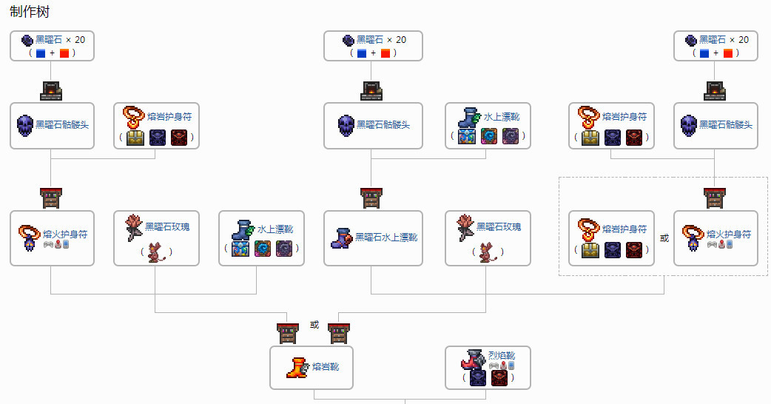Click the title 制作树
coord(30,11)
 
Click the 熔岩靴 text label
coord(326,367)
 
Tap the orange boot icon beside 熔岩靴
coord(297,368)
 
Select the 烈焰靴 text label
coord(502,355)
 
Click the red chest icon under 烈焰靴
coord(499,378)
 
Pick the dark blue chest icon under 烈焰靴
coord(477,378)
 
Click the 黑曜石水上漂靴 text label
coord(386,238)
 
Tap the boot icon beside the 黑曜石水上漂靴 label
coord(341,238)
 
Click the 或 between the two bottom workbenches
coord(314,325)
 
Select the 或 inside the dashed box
coord(664,238)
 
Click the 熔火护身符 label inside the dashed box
coord(729,234)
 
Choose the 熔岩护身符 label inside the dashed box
coord(624,229)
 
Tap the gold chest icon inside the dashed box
coord(590,249)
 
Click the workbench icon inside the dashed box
coord(714,198)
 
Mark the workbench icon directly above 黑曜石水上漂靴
coord(371,198)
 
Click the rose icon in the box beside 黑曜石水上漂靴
coord(465,228)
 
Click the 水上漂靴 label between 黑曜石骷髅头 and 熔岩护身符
coord(502,117)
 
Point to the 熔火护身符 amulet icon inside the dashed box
coord(693,238)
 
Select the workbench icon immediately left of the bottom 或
coord(288,333)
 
